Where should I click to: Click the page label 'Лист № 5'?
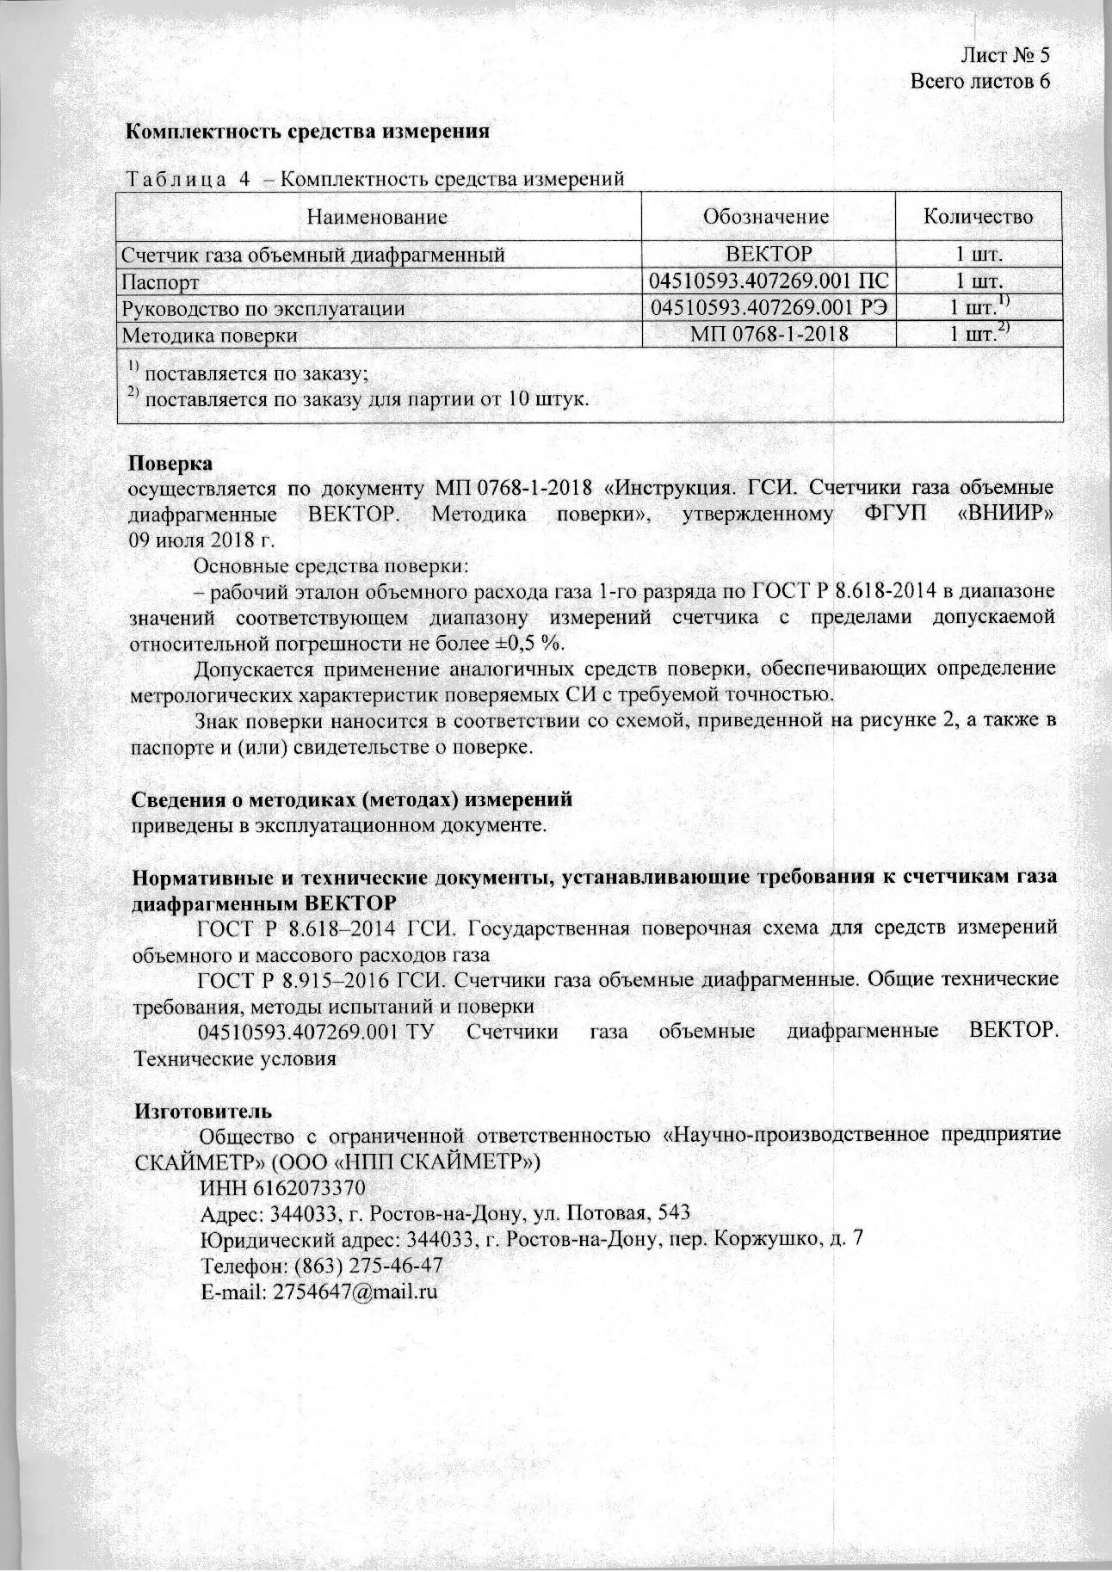pyautogui.click(x=1004, y=56)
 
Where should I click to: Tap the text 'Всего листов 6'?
pyautogui.click(x=980, y=82)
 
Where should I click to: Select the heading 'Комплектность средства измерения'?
pyautogui.click(x=308, y=132)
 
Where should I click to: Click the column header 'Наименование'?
pyautogui.click(x=378, y=217)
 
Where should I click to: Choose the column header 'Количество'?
pyautogui.click(x=978, y=217)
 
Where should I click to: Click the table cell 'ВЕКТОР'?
pyautogui.click(x=769, y=255)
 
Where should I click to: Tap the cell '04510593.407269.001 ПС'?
pyautogui.click(x=769, y=281)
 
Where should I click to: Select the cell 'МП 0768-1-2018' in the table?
pyautogui.click(x=769, y=334)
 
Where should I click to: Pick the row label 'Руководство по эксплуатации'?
pyautogui.click(x=263, y=308)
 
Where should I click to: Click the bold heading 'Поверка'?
pyautogui.click(x=170, y=463)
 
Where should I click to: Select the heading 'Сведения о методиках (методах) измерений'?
pyautogui.click(x=351, y=799)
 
